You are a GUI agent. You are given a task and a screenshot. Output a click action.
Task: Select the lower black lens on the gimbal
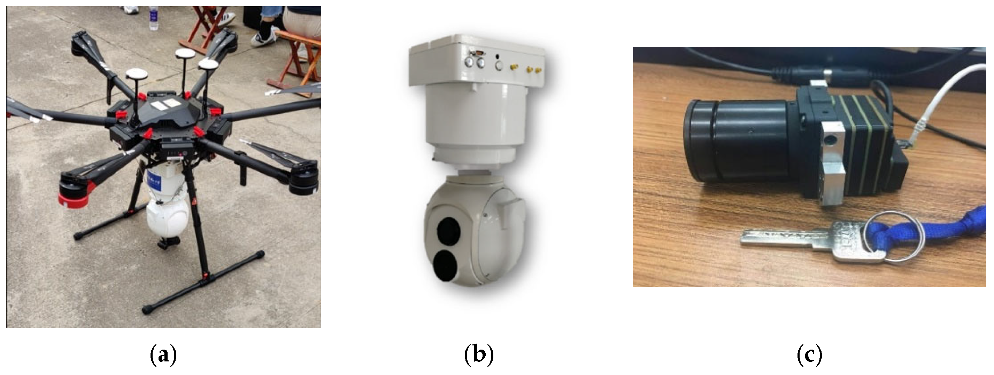pyautogui.click(x=446, y=265)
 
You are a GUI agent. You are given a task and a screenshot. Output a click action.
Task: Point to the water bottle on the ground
pyautogui.click(x=154, y=18)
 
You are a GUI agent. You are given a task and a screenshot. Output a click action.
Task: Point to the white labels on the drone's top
pyautogui.click(x=162, y=104)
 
